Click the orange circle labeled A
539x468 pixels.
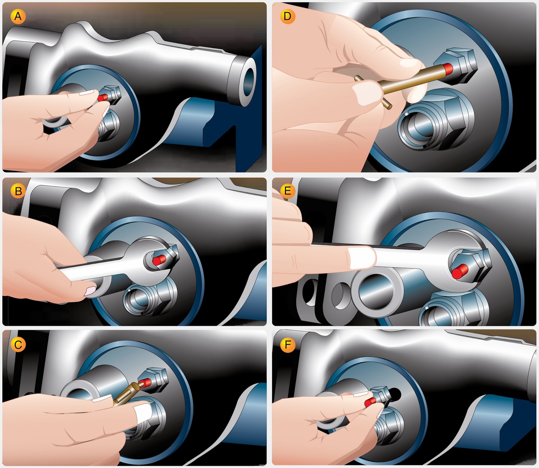click(18, 16)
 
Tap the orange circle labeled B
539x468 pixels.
click(18, 191)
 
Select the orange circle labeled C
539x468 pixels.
click(18, 345)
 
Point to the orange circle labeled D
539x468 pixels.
click(287, 16)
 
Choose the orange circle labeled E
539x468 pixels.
click(287, 191)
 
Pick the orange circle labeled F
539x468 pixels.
click(287, 345)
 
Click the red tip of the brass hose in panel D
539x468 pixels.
click(448, 68)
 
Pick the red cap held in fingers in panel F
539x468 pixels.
click(370, 402)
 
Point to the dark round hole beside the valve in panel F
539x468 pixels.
click(394, 395)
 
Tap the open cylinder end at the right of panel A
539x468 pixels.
click(248, 81)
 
